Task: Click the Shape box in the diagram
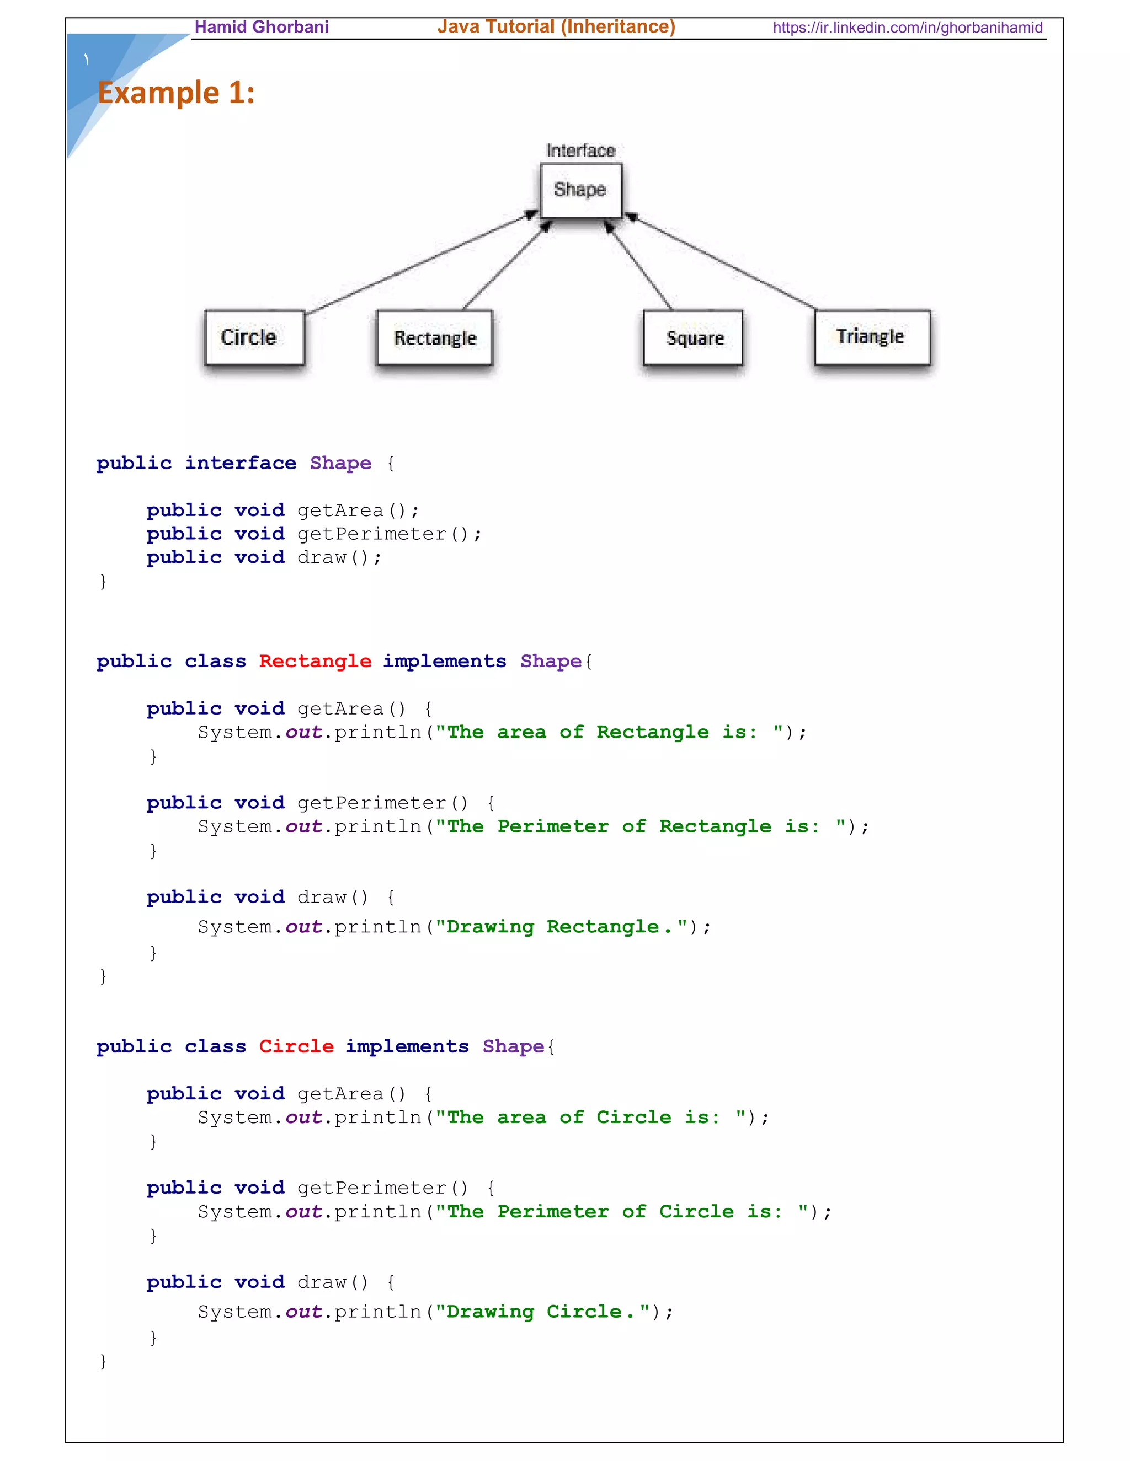coord(580,191)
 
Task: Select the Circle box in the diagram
coord(254,337)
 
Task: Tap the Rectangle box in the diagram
coord(434,338)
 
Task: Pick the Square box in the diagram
coord(693,338)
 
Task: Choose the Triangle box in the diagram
coord(872,336)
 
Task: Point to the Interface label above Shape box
coord(580,151)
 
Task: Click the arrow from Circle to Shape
coord(422,263)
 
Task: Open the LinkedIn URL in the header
coord(907,28)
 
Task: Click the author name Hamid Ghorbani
coord(261,27)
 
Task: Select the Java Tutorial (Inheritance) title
coord(556,27)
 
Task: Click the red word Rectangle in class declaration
coord(315,661)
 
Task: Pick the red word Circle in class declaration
coord(296,1046)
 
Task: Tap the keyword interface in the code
coord(241,463)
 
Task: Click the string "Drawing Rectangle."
coord(561,927)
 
